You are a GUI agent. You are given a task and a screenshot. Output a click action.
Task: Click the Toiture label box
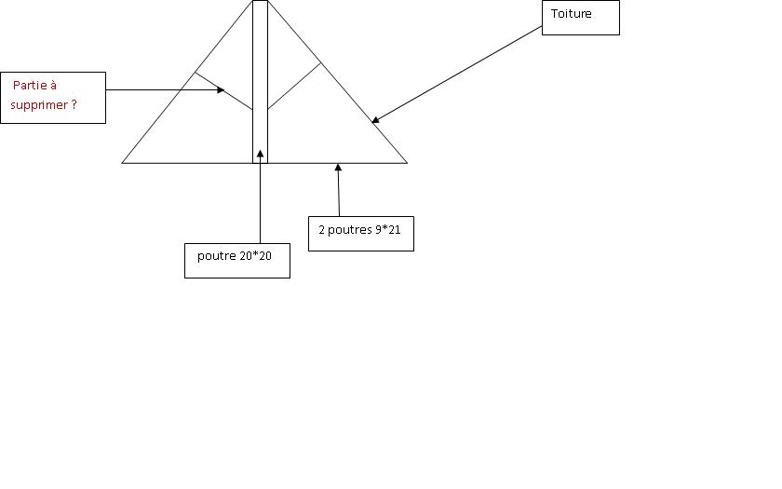pos(580,17)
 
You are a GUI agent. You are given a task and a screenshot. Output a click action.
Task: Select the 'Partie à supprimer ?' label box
pos(52,97)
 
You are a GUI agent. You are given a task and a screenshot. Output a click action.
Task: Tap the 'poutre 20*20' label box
pos(236,260)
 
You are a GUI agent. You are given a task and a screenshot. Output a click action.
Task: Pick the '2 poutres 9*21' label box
pos(360,233)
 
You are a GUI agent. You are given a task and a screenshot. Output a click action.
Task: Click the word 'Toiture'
pos(571,14)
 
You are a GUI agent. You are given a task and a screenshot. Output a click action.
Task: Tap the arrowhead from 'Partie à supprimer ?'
pos(222,90)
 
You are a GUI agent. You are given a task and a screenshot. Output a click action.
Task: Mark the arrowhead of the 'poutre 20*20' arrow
pos(260,151)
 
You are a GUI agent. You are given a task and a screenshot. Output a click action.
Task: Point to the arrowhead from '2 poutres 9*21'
pos(338,168)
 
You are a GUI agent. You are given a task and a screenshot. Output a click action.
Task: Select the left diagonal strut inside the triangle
pos(223,91)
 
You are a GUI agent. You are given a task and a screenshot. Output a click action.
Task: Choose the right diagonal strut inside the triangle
pos(294,86)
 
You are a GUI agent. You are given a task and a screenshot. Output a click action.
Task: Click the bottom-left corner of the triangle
pos(123,163)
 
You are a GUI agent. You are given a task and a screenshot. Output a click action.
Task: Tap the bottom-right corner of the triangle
pos(407,163)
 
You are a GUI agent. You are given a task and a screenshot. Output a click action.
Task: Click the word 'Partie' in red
pos(34,86)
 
